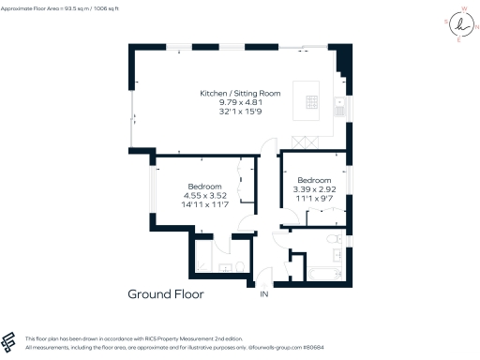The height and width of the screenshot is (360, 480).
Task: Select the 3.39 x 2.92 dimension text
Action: [x=314, y=189]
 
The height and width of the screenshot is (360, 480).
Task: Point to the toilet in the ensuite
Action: [x=242, y=267]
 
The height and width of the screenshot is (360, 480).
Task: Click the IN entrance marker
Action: [x=263, y=295]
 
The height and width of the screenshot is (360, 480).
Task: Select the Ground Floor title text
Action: [x=165, y=294]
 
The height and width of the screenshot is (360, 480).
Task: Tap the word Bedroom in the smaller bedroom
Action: [x=314, y=180]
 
